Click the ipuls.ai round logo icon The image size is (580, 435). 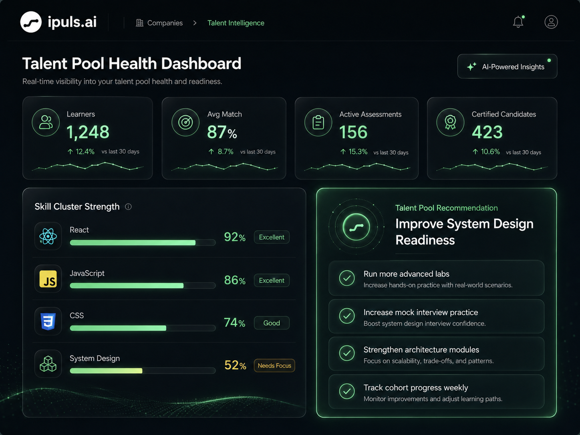coord(31,22)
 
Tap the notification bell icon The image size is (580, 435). coord(518,22)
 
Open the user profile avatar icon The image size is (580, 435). coord(551,22)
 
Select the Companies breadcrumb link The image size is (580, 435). coord(159,23)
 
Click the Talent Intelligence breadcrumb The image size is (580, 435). coord(236,23)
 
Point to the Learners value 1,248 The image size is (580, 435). coord(88,132)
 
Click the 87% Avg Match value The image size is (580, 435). coord(222,132)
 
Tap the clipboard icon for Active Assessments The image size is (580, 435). coord(318,122)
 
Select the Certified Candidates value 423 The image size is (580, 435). coord(487,132)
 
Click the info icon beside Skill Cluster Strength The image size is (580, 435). coord(128,207)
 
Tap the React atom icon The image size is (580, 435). coord(48,236)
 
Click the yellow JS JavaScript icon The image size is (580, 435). coord(48,279)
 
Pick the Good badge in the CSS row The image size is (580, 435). coord(272,323)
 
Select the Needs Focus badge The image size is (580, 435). coord(274,366)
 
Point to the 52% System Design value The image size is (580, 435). coord(235,365)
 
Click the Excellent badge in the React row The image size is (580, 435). coord(272,237)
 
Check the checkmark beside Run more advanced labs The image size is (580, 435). coord(347,278)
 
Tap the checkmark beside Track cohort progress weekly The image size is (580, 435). coord(347,391)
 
